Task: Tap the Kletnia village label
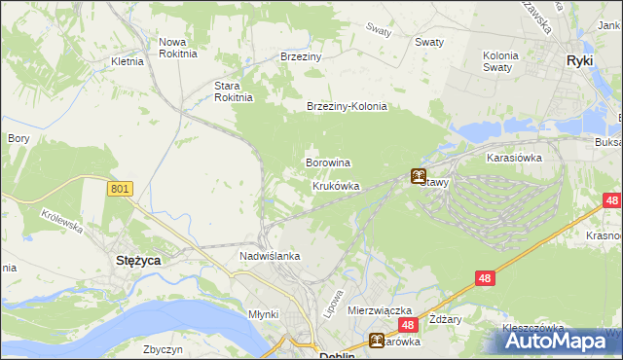click(x=128, y=61)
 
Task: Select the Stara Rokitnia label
click(x=234, y=90)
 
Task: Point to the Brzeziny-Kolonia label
click(x=347, y=107)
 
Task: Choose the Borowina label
click(x=328, y=162)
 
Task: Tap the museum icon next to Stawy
click(x=418, y=176)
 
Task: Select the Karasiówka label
click(x=514, y=156)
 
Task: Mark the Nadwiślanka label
click(x=270, y=256)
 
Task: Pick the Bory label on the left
click(x=18, y=139)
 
